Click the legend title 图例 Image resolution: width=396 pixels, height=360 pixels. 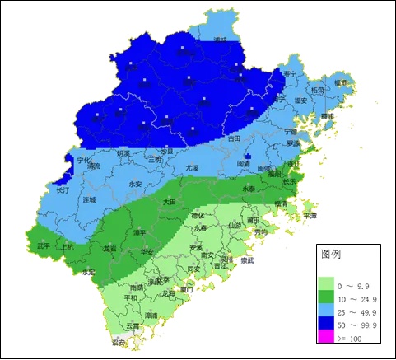click(x=331, y=255)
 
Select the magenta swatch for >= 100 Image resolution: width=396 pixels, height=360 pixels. click(x=329, y=338)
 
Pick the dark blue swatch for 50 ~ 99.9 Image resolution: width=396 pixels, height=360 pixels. click(x=329, y=325)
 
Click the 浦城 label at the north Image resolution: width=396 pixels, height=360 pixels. click(x=219, y=39)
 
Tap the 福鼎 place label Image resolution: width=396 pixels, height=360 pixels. click(x=341, y=83)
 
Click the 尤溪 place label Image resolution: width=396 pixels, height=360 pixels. click(x=192, y=167)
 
